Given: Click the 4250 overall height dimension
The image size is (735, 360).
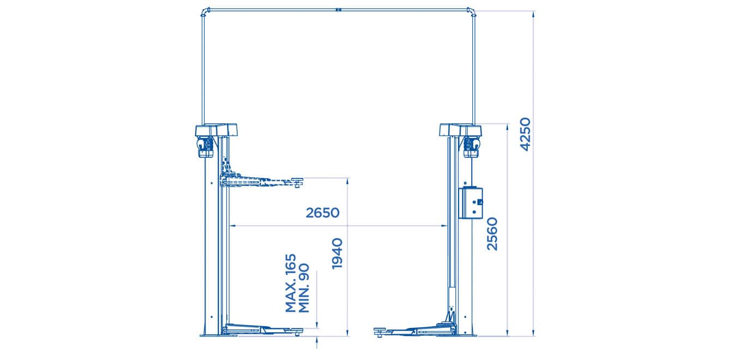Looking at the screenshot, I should pyautogui.click(x=525, y=134).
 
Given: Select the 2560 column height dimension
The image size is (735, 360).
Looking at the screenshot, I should pyautogui.click(x=492, y=233).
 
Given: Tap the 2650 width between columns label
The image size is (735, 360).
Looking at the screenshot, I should pyautogui.click(x=322, y=213).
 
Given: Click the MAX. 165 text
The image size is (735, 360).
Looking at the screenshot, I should pyautogui.click(x=291, y=283).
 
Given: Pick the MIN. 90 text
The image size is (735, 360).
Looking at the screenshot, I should pyautogui.click(x=304, y=288).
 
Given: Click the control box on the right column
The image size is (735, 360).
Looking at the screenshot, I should pyautogui.click(x=471, y=203).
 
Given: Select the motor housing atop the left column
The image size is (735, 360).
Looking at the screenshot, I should pyautogui.click(x=216, y=131).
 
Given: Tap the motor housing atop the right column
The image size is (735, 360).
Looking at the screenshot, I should pyautogui.click(x=461, y=131).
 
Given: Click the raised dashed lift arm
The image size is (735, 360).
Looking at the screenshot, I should pyautogui.click(x=256, y=181).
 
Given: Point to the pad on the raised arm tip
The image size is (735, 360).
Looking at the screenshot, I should pyautogui.click(x=297, y=180).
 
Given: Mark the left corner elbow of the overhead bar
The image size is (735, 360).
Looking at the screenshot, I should pyautogui.click(x=204, y=11).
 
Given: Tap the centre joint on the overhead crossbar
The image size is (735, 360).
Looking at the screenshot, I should pyautogui.click(x=338, y=9).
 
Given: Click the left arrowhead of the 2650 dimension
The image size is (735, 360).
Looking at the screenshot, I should pyautogui.click(x=232, y=225).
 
